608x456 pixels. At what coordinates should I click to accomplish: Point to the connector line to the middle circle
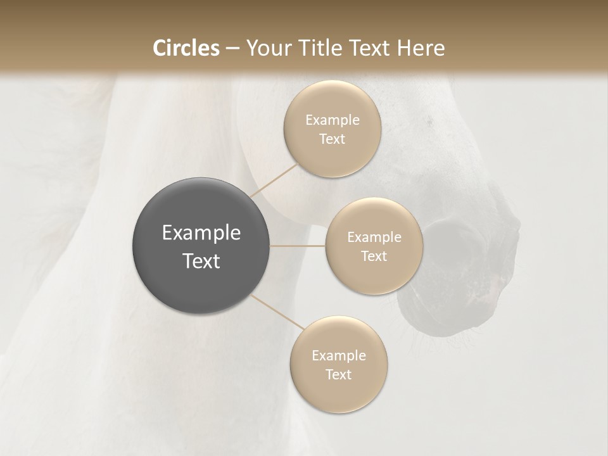pos(298,246)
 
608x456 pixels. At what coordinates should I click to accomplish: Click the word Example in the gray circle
pos(201,233)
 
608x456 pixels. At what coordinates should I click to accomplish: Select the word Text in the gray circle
pos(201,261)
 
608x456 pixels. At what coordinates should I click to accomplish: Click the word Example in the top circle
pos(332,120)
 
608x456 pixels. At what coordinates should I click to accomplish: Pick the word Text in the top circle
pos(332,139)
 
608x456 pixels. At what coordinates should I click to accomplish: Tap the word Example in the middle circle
pos(374,237)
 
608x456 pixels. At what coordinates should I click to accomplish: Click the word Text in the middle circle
pos(374,256)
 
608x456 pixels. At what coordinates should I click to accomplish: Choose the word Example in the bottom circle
pos(338,356)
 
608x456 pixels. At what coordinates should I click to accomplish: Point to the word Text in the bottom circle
pos(338,375)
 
